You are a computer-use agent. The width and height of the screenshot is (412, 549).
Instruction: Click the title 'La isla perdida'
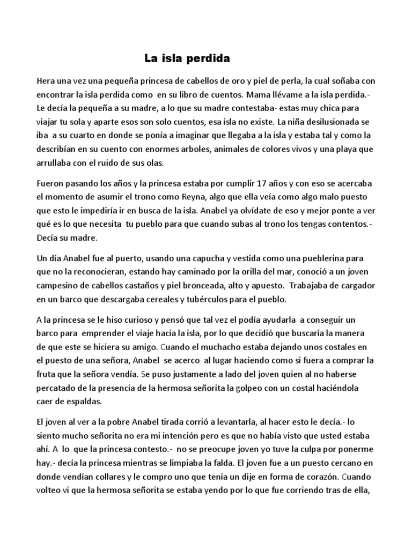(186, 57)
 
